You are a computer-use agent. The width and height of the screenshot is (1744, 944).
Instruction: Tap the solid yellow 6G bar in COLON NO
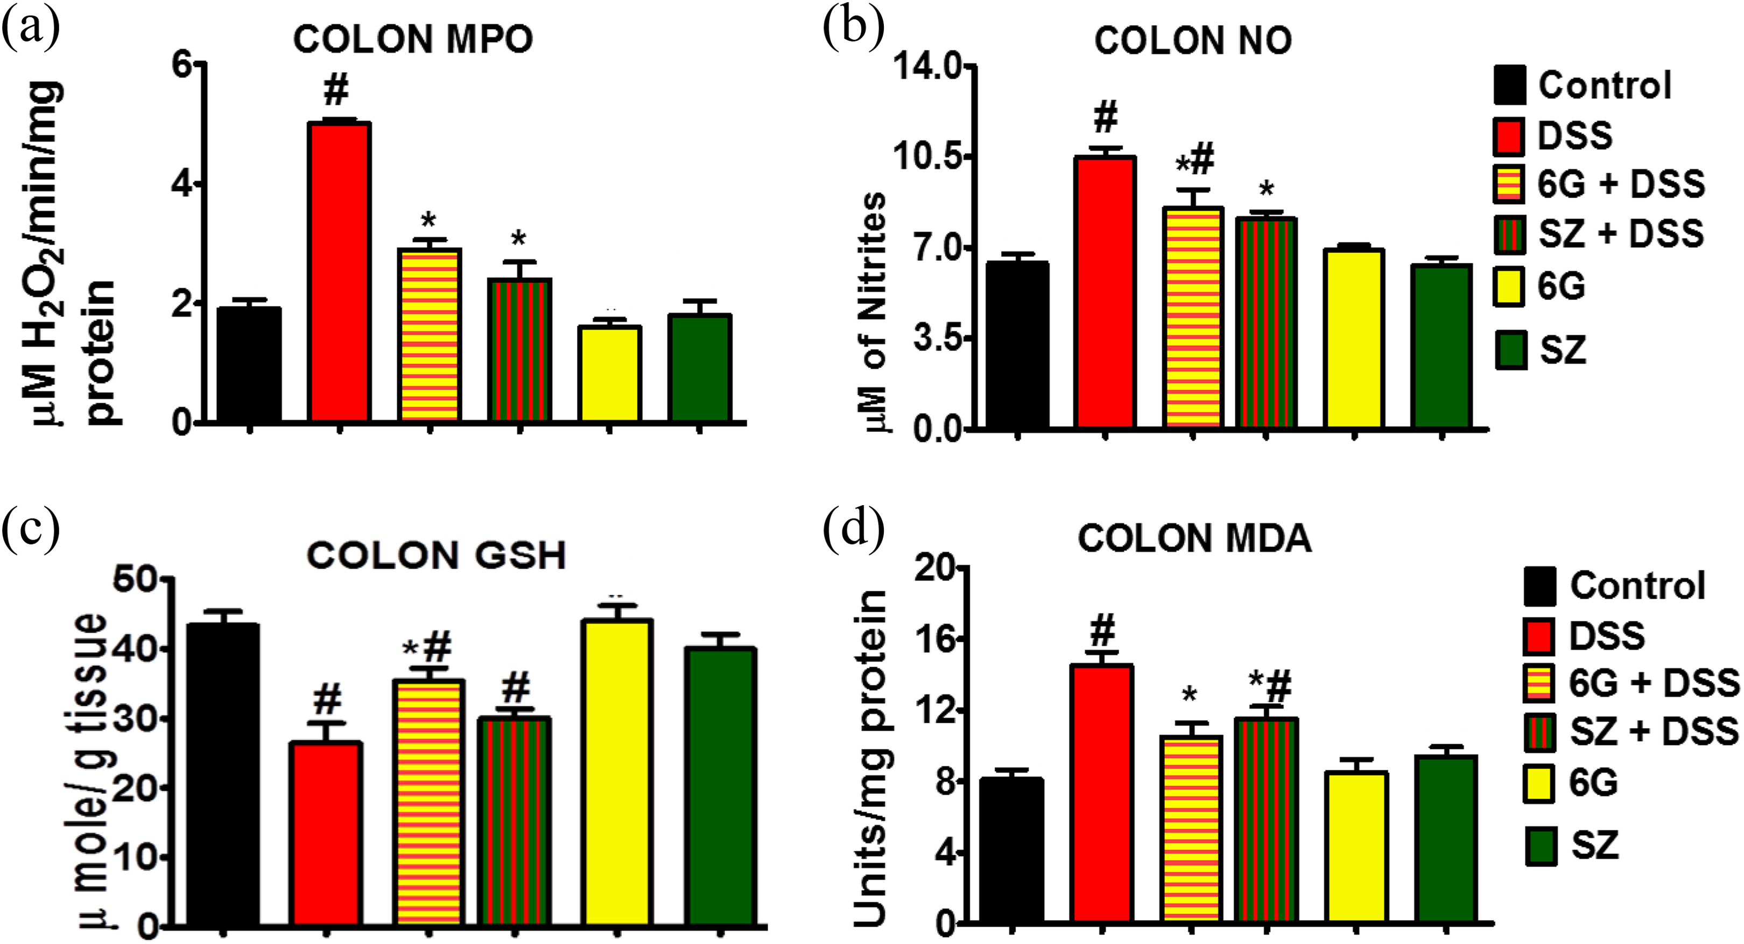point(1353,339)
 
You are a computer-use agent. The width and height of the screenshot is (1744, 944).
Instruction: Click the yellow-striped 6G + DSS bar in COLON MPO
point(429,334)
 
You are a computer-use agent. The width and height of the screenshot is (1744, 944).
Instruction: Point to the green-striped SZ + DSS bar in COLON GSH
point(514,821)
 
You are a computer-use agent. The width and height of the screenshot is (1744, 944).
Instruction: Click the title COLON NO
point(1193,41)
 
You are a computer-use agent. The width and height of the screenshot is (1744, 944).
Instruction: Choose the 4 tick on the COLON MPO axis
point(181,184)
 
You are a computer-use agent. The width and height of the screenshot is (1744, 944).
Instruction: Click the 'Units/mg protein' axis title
point(869,758)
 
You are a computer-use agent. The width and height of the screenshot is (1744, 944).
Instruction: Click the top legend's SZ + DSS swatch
point(1509,234)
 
